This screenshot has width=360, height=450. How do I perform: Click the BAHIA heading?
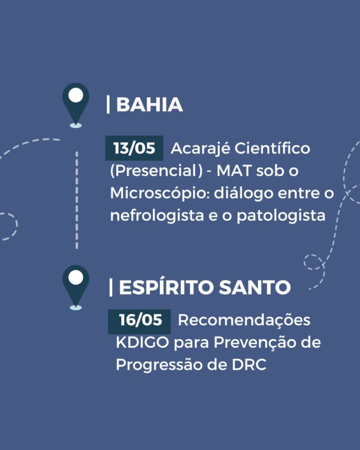(x=149, y=105)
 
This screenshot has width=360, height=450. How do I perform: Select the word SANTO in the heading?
(x=255, y=287)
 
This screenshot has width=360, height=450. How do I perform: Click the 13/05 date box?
(x=134, y=148)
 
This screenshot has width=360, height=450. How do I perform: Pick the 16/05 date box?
(x=139, y=321)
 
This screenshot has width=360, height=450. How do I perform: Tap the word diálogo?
(x=244, y=193)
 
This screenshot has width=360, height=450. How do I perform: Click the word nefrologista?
(x=157, y=215)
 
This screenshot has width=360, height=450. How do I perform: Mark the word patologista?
(x=281, y=215)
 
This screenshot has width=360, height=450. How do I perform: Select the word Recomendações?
(x=244, y=320)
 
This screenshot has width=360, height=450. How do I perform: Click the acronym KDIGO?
(x=142, y=342)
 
